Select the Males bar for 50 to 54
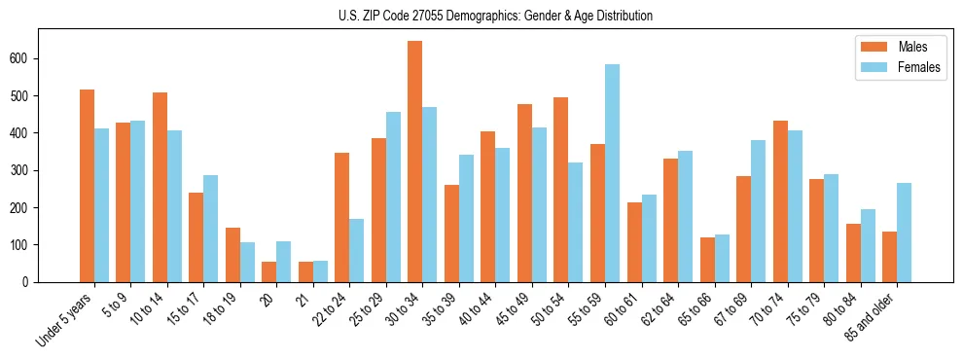coord(560,190)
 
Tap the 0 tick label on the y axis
coord(32,282)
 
